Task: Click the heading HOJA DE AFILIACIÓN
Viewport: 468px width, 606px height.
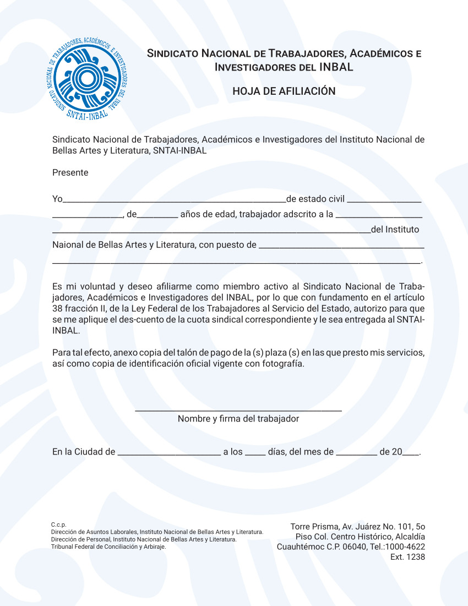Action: point(284,91)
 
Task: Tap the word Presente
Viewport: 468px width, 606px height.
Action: point(70,172)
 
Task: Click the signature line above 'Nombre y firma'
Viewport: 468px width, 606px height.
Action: point(238,410)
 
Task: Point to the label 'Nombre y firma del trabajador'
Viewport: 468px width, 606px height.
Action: point(238,419)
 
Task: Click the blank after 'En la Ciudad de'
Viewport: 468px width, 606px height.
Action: point(169,454)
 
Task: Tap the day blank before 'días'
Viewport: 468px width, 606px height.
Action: point(255,454)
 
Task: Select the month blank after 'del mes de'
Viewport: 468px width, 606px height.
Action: point(357,454)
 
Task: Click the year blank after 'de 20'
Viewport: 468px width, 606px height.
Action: point(411,454)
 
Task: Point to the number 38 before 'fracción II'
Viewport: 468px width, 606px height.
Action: point(57,309)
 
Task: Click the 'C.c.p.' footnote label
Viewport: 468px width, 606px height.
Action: point(58,524)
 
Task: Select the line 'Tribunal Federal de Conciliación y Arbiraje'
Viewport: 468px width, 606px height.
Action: point(108,547)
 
